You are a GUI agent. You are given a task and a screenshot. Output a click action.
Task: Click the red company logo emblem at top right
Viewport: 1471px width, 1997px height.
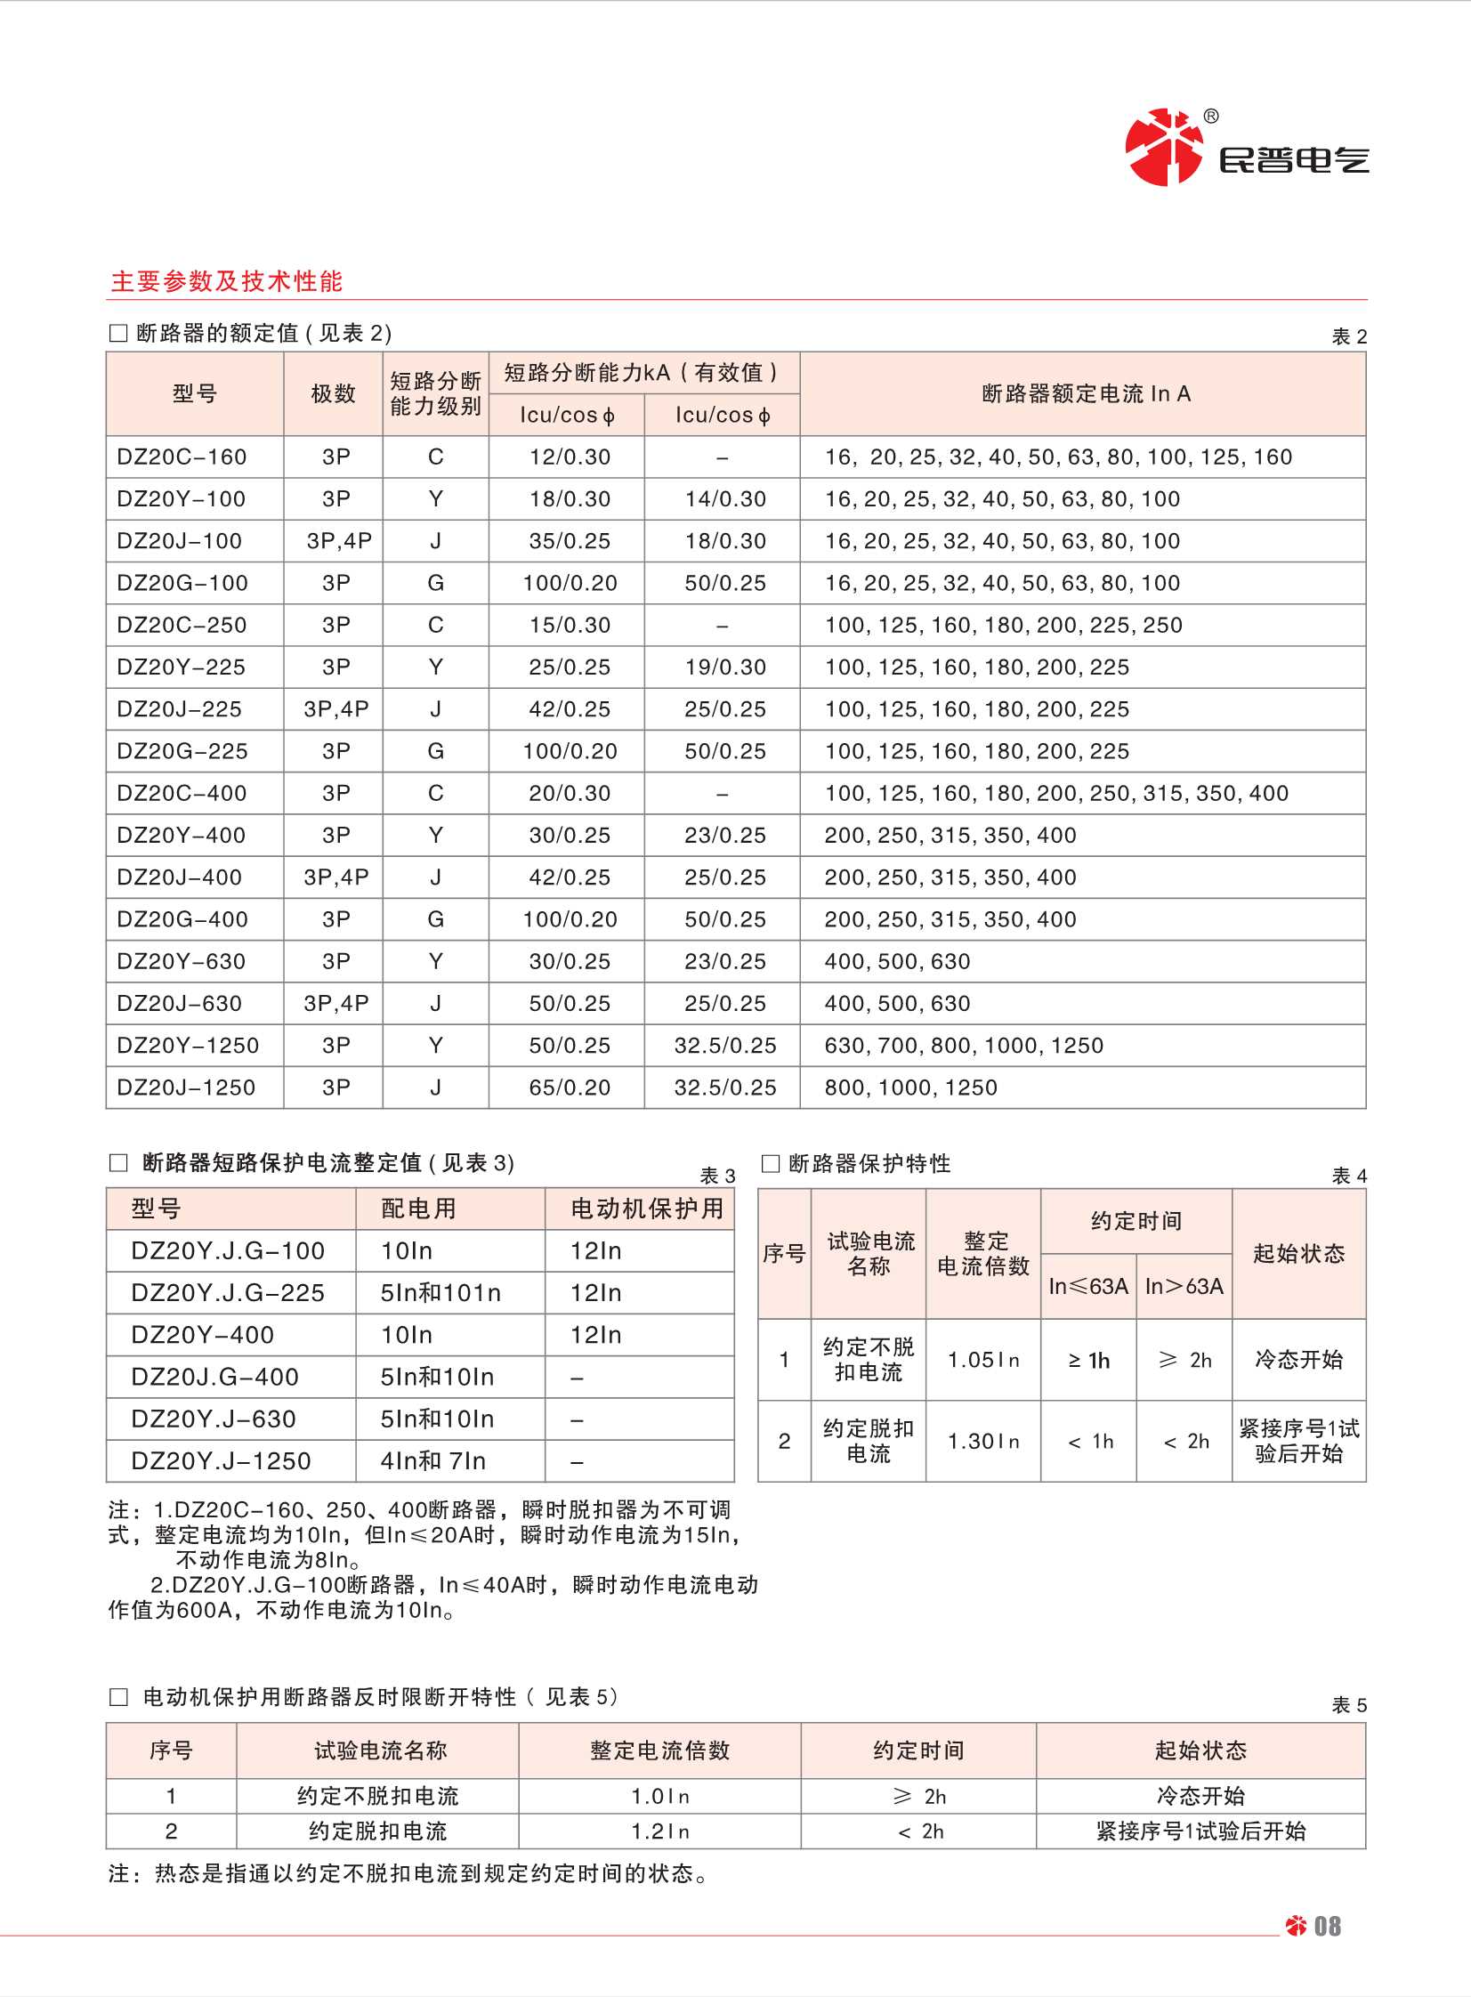click(1163, 147)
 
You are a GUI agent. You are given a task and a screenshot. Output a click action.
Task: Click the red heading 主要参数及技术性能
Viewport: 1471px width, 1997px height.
click(226, 281)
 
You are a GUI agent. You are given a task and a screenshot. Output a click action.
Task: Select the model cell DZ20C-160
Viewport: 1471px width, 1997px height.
click(182, 457)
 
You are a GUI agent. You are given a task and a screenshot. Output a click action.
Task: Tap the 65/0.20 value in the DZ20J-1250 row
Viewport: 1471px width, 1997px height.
click(570, 1087)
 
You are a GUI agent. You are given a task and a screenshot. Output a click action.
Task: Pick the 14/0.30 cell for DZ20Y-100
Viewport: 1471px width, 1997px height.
click(724, 498)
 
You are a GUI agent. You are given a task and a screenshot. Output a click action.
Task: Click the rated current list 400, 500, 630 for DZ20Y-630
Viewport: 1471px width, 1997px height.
click(898, 960)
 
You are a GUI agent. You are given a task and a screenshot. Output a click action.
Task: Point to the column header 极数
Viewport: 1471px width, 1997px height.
click(333, 393)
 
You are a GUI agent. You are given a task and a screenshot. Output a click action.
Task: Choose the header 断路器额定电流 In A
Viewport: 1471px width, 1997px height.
click(1086, 393)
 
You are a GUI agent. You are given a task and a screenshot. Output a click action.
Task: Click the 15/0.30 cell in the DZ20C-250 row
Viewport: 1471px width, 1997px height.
click(570, 625)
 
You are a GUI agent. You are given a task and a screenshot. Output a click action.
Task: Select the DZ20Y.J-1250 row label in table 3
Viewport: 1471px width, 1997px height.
click(221, 1461)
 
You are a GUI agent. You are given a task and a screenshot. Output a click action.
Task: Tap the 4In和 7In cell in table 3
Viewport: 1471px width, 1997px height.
click(432, 1461)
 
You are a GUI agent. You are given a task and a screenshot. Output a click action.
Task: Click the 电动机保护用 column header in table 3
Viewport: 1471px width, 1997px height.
click(646, 1209)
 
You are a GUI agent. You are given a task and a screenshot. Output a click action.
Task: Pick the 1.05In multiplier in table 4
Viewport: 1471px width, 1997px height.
click(983, 1360)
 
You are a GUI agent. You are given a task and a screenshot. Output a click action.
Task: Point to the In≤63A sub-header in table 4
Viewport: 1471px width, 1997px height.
click(1088, 1286)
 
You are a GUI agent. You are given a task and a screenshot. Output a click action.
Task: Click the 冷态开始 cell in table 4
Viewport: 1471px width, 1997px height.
click(1298, 1360)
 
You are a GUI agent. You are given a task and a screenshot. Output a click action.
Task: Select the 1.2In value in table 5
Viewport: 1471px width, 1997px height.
click(659, 1831)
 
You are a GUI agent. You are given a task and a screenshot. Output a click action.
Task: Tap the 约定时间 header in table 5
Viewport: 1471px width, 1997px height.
click(918, 1750)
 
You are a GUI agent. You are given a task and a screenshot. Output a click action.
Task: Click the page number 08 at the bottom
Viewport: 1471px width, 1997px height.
click(1327, 1927)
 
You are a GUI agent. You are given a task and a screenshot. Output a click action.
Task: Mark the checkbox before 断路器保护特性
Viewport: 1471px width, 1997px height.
click(772, 1164)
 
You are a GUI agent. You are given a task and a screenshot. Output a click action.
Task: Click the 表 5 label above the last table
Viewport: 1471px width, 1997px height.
click(1349, 1705)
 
